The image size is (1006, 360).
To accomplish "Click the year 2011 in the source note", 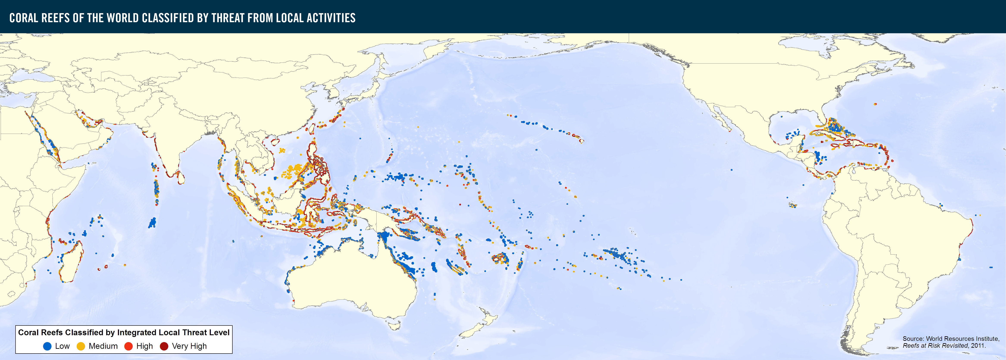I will pos(978,346).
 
